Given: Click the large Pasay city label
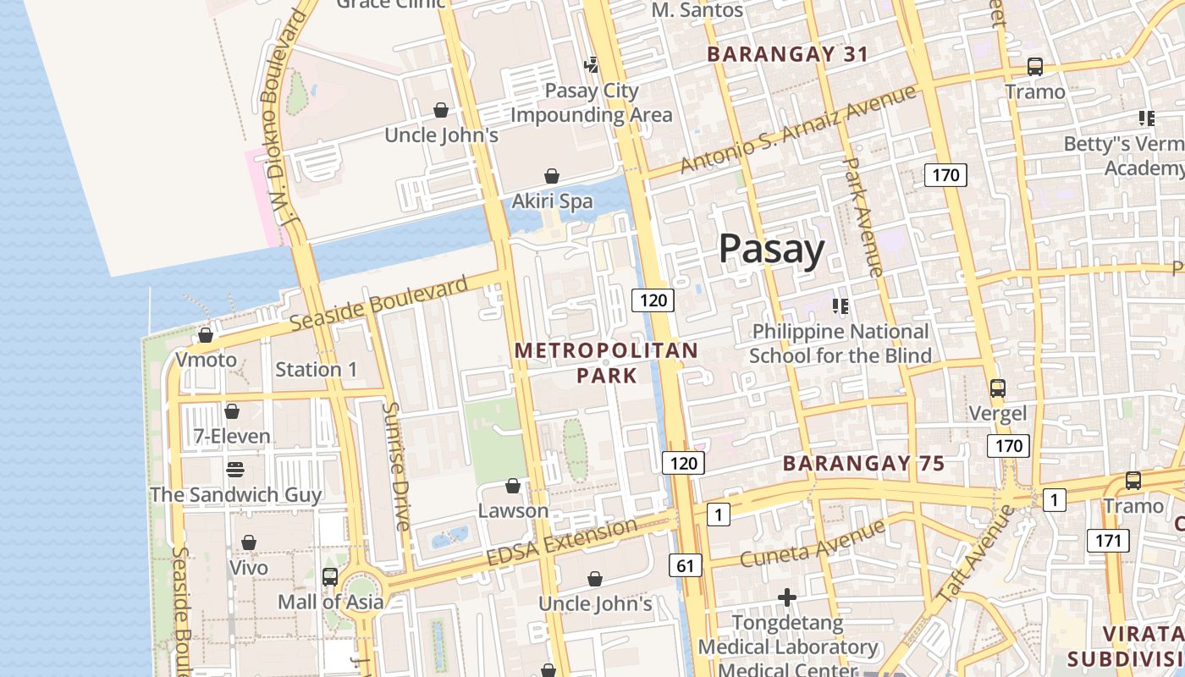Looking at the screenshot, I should click(771, 250).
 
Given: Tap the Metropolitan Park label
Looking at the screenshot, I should click(606, 362).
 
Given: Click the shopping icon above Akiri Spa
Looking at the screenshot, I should click(552, 176).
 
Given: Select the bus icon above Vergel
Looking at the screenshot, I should click(998, 388).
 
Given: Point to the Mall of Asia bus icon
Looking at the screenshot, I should click(330, 577).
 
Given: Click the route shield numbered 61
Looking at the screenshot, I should click(684, 564).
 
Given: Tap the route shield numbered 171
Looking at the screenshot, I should click(1107, 540).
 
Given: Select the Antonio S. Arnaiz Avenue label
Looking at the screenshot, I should click(797, 129).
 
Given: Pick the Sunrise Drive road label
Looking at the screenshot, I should click(396, 465).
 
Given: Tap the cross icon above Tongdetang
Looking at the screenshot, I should click(787, 598).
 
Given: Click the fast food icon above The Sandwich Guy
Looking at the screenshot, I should click(235, 469).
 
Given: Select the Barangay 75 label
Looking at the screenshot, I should click(863, 464).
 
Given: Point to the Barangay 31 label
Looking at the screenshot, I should click(788, 54).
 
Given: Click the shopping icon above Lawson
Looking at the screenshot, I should click(513, 486).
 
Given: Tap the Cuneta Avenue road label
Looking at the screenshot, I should click(812, 544).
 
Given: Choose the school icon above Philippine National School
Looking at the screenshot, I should click(841, 305).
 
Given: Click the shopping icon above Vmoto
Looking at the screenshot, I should click(206, 335).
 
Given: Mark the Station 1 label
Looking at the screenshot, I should click(317, 369).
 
